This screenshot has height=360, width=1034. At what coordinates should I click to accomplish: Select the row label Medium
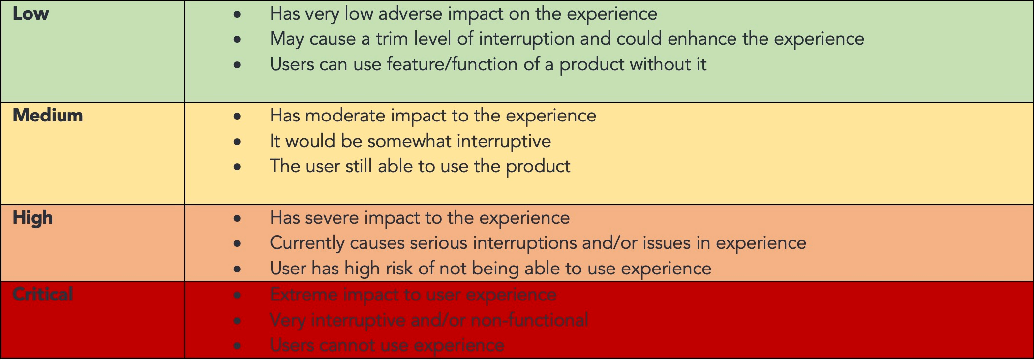tap(48, 116)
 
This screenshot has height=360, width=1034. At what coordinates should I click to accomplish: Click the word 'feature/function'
tap(452, 64)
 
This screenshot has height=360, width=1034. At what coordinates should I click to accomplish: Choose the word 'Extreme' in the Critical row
tap(304, 295)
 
